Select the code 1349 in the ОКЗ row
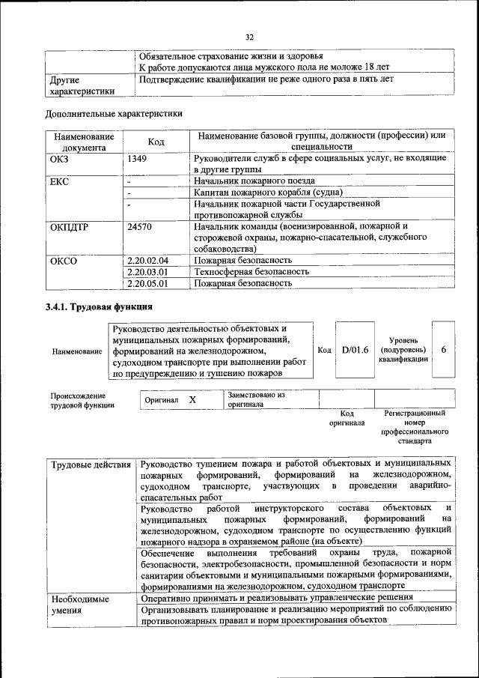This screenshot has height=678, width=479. [138, 159]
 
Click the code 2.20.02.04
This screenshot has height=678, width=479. [148, 260]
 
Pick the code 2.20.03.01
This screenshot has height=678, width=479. [148, 272]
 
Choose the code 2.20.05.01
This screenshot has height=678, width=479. [148, 284]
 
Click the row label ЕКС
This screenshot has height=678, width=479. [59, 181]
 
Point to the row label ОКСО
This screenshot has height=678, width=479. [64, 260]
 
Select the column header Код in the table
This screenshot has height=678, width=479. [156, 142]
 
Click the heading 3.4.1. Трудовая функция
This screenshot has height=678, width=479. [99, 307]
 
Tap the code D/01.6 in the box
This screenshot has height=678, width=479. [355, 350]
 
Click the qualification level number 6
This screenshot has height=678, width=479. [444, 350]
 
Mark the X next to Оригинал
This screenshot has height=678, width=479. [192, 400]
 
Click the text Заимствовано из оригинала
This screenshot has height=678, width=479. [256, 399]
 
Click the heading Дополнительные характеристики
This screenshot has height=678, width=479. [114, 114]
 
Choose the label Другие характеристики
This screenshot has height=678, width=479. [82, 85]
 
